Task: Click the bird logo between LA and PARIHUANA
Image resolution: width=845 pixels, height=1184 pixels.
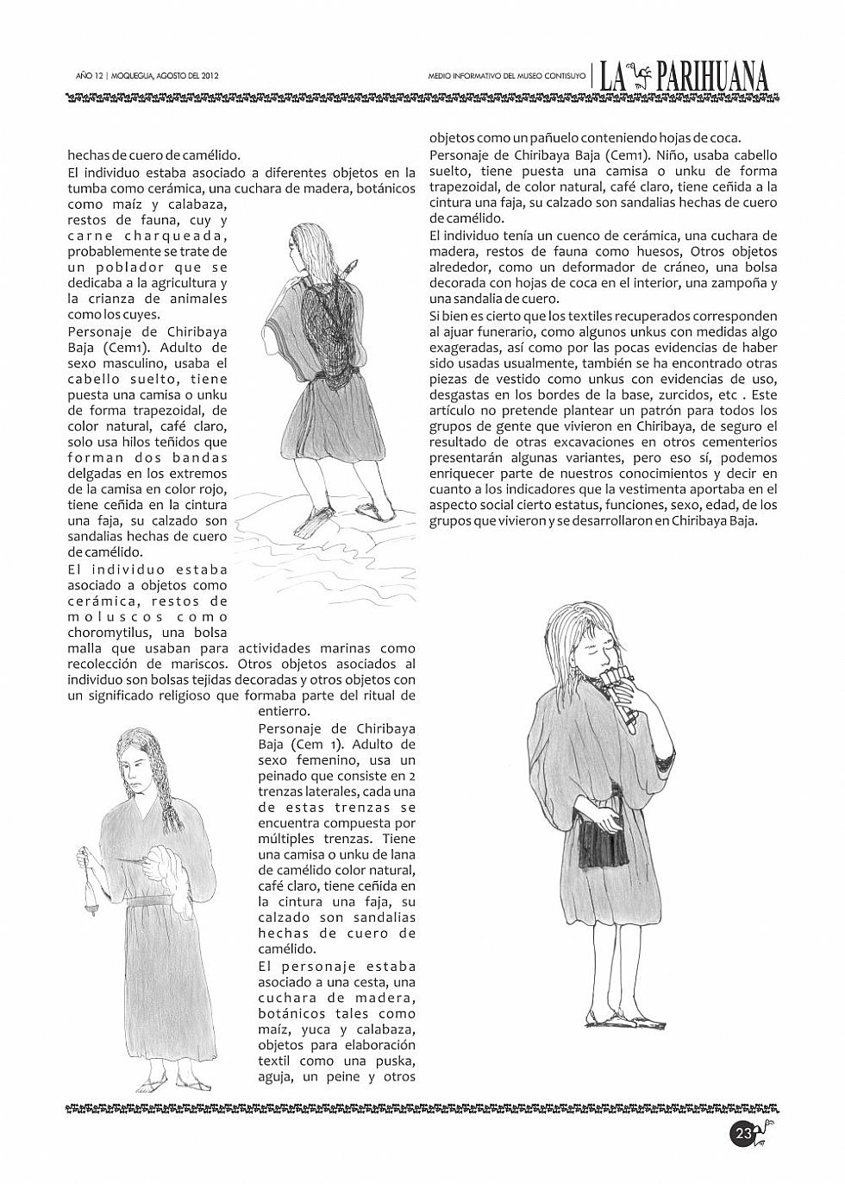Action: pyautogui.click(x=638, y=77)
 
